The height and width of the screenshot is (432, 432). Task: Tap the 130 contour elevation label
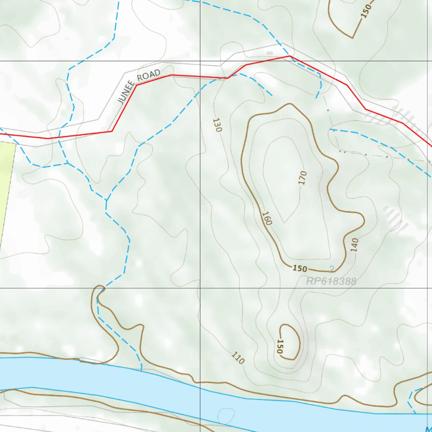(x=217, y=125)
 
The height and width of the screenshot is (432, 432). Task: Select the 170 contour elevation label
(x=302, y=178)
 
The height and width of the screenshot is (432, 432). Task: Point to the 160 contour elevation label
(x=266, y=218)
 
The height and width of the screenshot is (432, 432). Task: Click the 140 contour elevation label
(x=354, y=245)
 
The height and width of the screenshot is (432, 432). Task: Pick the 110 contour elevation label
(x=238, y=358)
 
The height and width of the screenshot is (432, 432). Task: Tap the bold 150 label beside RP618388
(x=300, y=269)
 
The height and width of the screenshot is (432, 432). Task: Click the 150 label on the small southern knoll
(x=280, y=346)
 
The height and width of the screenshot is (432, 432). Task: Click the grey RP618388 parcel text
(x=331, y=281)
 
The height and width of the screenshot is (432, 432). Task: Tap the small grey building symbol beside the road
(x=270, y=53)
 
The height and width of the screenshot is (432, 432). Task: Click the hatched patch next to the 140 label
(x=395, y=219)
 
